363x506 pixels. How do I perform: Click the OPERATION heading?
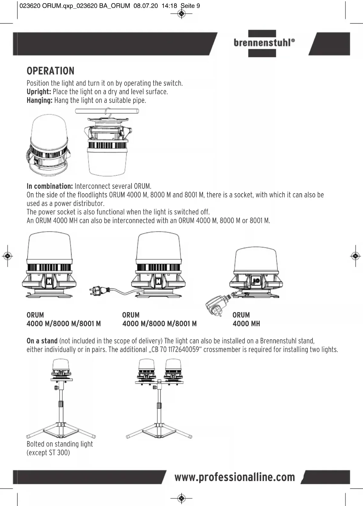click(x=50, y=71)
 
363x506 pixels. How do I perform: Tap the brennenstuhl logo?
click(x=262, y=43)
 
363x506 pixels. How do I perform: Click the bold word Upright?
click(x=39, y=92)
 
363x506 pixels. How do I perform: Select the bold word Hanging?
click(x=39, y=100)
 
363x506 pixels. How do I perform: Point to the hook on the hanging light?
click(x=109, y=114)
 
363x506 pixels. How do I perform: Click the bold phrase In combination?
click(x=49, y=186)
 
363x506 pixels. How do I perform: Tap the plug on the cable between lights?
click(x=99, y=290)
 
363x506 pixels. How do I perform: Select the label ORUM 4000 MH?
click(x=246, y=319)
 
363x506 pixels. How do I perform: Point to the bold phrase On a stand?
click(x=42, y=341)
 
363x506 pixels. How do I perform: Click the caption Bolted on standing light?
click(x=60, y=444)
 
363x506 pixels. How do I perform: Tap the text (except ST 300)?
click(x=48, y=453)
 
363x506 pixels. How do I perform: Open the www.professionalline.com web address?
click(x=235, y=477)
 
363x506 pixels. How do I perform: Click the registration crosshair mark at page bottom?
click(x=181, y=498)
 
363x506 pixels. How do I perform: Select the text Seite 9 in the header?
click(x=190, y=6)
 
